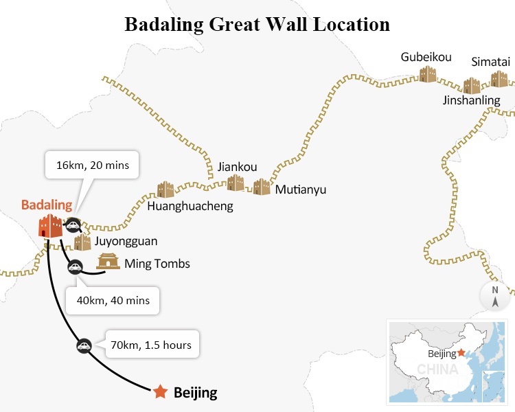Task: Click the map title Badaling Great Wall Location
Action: [257, 25]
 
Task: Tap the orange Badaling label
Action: [47, 205]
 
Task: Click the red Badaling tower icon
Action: [50, 226]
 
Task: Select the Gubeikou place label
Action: [426, 57]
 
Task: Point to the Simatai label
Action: [490, 62]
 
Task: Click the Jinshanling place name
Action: [471, 100]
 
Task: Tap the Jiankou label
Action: [237, 166]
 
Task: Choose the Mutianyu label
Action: [301, 189]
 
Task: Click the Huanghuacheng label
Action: [191, 205]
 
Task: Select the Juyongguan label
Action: [126, 241]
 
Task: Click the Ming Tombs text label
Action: [157, 264]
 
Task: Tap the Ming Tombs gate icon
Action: [108, 262]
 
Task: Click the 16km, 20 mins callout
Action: [92, 165]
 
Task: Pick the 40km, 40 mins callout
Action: [113, 300]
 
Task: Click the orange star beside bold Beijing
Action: [160, 392]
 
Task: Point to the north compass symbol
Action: [495, 296]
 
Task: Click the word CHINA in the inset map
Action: [437, 369]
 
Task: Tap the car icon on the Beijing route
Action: [84, 346]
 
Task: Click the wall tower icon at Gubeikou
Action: [428, 73]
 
